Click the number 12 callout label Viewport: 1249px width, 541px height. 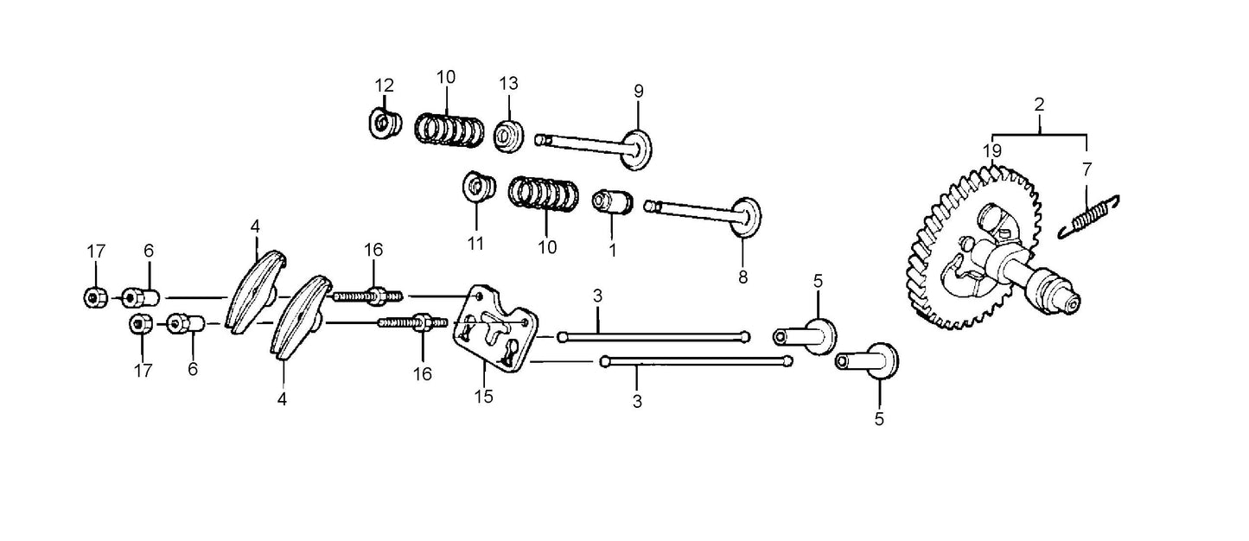point(384,85)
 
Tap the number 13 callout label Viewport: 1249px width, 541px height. point(508,84)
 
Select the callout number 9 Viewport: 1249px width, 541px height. point(639,91)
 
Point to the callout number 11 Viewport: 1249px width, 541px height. point(475,244)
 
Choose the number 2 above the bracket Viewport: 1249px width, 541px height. point(1039,104)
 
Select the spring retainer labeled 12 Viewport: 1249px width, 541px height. point(383,124)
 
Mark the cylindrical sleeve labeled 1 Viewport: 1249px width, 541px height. point(611,204)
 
